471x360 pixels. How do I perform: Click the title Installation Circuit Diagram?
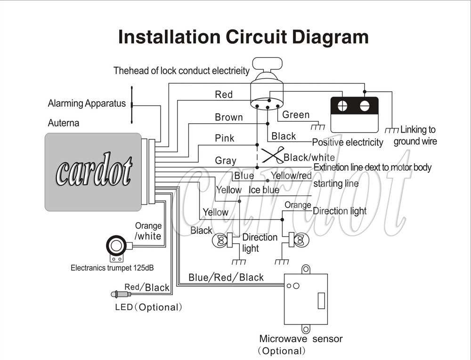[243, 37]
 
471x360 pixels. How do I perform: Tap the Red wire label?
[224, 95]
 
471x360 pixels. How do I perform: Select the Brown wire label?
[229, 117]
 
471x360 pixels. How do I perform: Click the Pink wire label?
[225, 138]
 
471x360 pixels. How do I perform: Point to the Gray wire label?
[225, 160]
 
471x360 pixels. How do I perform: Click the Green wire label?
[296, 115]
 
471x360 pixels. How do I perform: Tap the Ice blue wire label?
[264, 190]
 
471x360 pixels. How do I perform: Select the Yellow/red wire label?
[291, 176]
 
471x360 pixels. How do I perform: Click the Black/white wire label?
[309, 158]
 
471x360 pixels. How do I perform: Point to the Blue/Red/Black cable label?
[226, 277]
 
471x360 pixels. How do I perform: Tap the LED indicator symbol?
[120, 295]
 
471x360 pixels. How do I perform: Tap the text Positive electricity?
[348, 143]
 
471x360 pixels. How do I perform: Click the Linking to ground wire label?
[415, 136]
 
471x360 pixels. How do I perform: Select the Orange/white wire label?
[148, 231]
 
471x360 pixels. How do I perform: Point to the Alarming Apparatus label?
[87, 104]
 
